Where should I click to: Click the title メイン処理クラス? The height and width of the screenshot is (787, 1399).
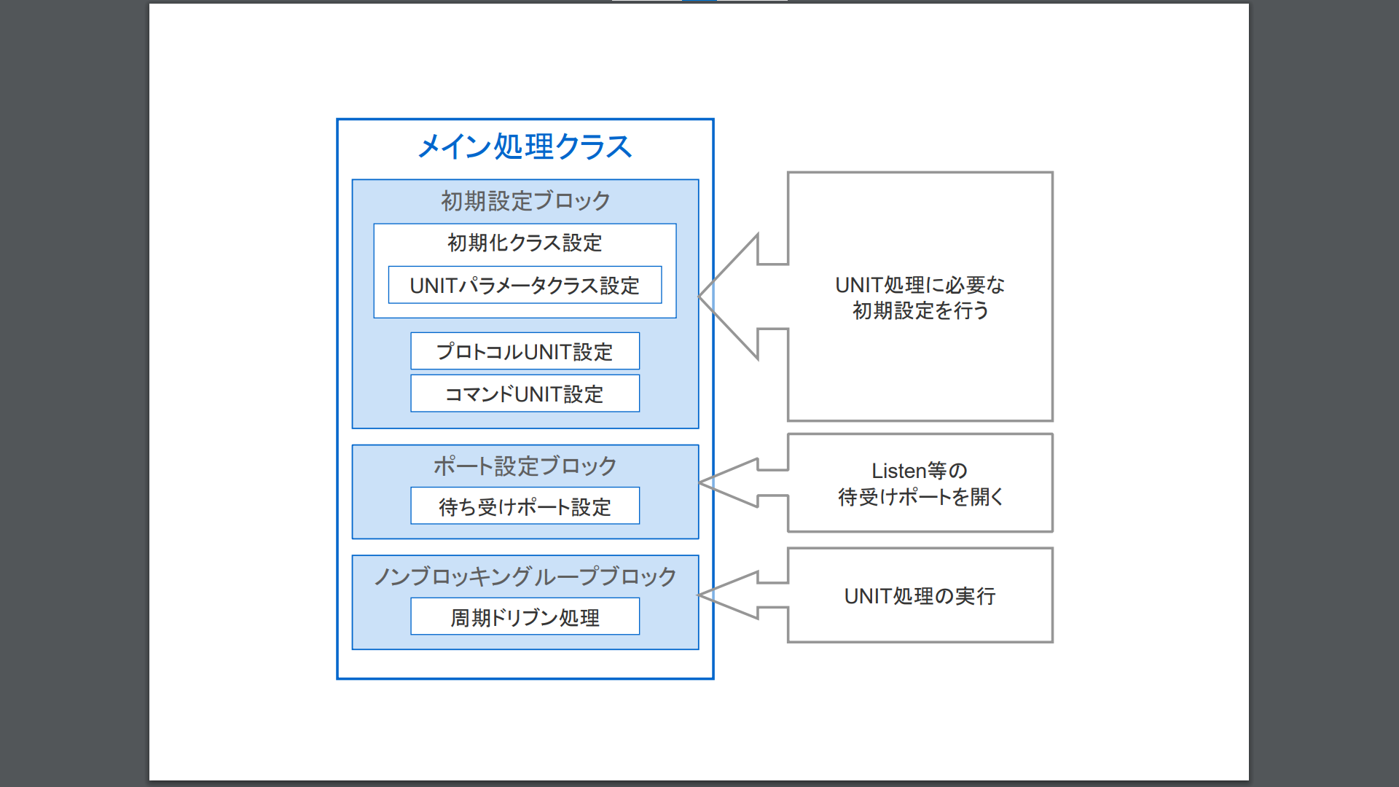[x=525, y=146]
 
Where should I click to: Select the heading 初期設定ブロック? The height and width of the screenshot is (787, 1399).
[x=525, y=201]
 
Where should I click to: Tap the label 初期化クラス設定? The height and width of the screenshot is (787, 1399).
[x=525, y=243]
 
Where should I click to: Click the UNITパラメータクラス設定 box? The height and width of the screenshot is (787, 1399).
[x=525, y=285]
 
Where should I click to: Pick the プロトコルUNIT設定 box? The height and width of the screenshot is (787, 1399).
[x=525, y=351]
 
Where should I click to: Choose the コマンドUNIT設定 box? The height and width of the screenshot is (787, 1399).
[x=525, y=393]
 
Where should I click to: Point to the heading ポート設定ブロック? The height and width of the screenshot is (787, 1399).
[x=525, y=466]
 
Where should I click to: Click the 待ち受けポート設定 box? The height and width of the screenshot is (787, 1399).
[x=525, y=506]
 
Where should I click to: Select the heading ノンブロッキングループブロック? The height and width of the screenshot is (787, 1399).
[x=525, y=576]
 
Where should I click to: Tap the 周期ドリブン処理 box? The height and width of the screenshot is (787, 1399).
[x=525, y=617]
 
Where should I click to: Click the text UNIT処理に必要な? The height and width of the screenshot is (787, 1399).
[x=920, y=285]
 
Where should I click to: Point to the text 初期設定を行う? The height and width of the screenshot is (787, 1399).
[x=920, y=311]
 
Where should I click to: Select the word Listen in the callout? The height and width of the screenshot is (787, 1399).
[x=898, y=471]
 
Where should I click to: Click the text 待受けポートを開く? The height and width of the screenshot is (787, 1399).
[x=920, y=497]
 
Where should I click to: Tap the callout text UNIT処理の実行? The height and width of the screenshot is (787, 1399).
[x=920, y=596]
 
